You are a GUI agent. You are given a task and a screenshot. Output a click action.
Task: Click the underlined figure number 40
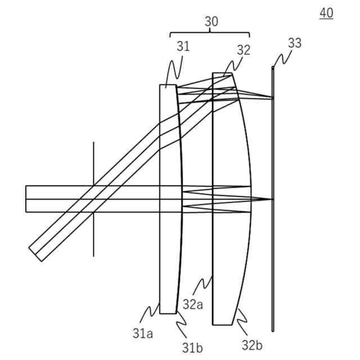tap(326, 12)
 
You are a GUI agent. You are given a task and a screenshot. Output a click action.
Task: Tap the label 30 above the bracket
tap(211, 22)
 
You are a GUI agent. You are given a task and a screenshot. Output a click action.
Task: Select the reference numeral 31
tap(183, 47)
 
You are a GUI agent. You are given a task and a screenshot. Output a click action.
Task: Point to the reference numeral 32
tap(243, 49)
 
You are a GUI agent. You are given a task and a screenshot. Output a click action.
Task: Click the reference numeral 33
tap(294, 43)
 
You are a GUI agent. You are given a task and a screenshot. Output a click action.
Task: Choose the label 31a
tap(143, 333)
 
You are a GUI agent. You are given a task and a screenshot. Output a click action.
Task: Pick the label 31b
tap(192, 348)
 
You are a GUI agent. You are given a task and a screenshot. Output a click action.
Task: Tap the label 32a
tap(192, 304)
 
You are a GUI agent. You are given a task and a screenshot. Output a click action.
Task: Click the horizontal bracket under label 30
tap(210, 34)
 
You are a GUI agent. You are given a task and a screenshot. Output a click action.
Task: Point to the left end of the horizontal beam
tap(26, 199)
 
